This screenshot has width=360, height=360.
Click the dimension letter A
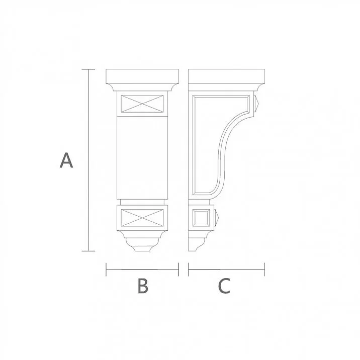[66, 160]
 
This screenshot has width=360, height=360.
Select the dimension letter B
[143, 286]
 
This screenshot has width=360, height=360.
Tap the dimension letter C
[224, 286]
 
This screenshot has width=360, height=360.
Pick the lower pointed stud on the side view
[218, 218]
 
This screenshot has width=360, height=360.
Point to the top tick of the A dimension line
[88, 69]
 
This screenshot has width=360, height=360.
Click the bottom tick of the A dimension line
[88, 250]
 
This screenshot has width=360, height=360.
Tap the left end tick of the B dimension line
[107, 269]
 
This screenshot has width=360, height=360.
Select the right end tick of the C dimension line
[264, 269]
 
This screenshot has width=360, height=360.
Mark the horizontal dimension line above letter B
[143, 269]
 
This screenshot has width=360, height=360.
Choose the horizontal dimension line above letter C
[226, 269]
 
